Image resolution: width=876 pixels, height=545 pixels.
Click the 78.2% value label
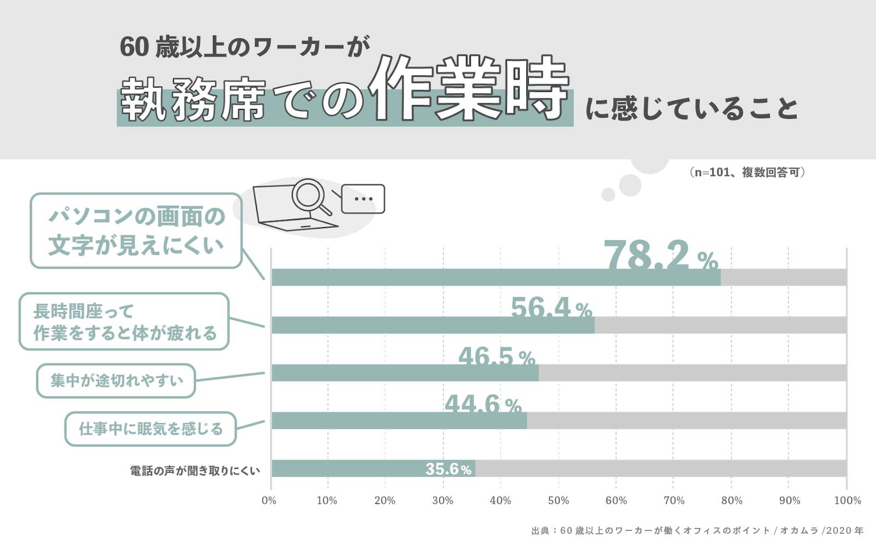pos(660,255)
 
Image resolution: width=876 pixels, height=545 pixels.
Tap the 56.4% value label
pos(551,308)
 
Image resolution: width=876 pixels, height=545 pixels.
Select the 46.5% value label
pos(496,357)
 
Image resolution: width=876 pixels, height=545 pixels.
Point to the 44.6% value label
pos(482,404)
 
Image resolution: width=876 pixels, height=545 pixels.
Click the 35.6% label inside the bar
pos(448,469)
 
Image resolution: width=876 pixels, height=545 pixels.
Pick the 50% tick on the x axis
pos(558,501)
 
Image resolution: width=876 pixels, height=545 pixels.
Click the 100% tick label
pos(847,501)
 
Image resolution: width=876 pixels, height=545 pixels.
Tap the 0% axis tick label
pos(269,501)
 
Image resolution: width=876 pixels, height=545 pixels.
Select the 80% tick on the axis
pos(731,501)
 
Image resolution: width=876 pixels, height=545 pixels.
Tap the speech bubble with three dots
pos(363,199)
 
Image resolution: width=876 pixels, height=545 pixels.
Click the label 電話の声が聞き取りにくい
pos(195,471)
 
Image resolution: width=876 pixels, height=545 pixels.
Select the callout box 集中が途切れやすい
pos(116,381)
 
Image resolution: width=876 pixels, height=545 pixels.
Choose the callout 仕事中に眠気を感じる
pos(151,429)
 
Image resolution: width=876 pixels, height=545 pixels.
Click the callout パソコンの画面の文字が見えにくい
pos(136,231)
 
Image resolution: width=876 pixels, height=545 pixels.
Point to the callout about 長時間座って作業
pos(124,322)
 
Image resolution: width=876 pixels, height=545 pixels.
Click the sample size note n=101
pos(747,172)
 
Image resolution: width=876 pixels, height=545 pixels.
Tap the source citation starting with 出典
pos(696,531)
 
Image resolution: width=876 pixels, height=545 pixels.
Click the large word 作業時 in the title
pos(469,89)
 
